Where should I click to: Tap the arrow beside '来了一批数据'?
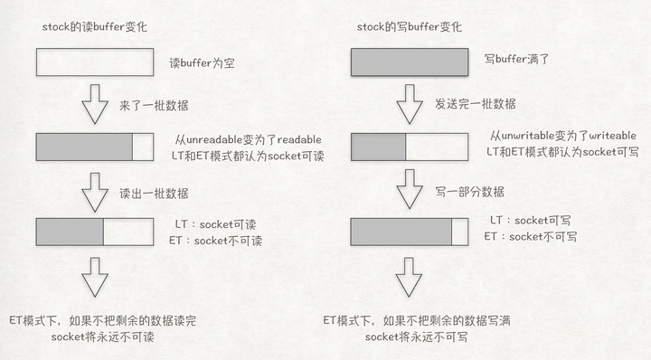coord(94,106)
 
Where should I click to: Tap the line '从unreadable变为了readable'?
coord(248,139)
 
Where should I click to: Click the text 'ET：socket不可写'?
coord(533,236)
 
